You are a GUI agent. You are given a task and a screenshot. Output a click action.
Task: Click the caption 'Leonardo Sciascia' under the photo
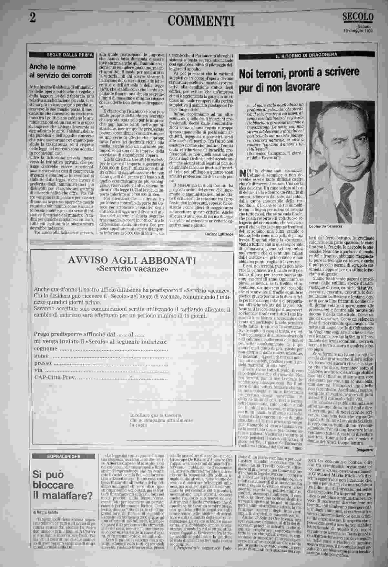click(324, 226)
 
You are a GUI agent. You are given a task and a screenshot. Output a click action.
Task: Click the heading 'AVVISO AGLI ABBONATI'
click(132, 261)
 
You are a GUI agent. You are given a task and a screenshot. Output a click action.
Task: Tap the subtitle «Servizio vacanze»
click(132, 269)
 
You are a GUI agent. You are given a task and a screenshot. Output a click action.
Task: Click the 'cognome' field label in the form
click(46, 349)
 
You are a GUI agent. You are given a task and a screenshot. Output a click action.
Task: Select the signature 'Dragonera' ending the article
click(364, 450)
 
